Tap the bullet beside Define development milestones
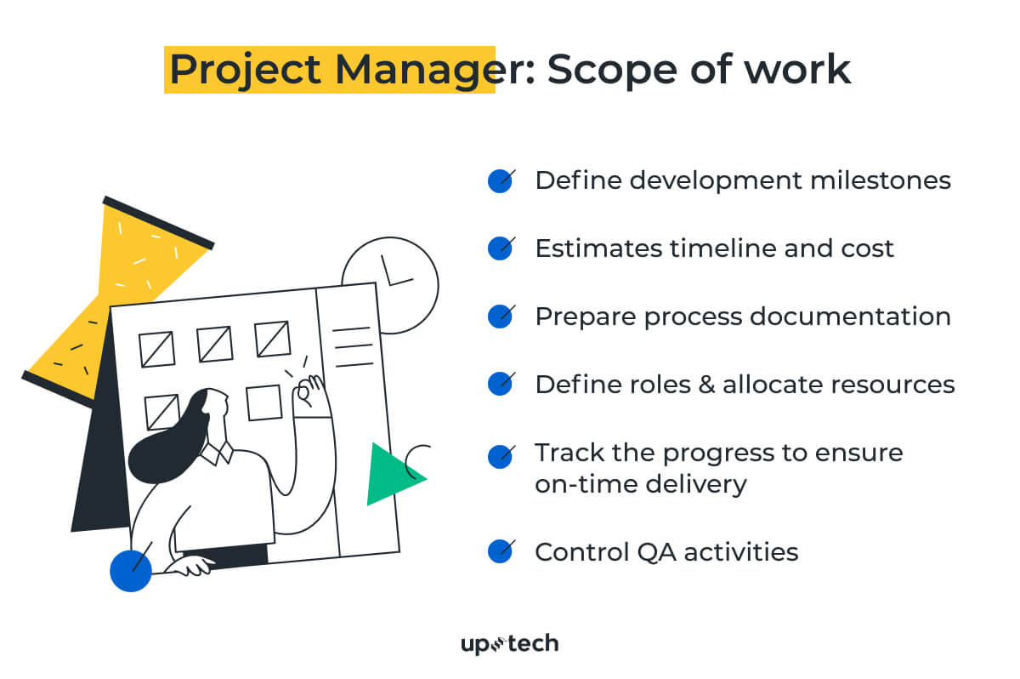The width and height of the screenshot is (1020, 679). point(500,180)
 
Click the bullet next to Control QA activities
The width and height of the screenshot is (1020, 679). point(500,551)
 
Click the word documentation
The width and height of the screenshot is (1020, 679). point(850,317)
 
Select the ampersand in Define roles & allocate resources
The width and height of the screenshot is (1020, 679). point(705,385)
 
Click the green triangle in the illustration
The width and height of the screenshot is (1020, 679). point(389,475)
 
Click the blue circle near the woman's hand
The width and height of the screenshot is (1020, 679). point(131,569)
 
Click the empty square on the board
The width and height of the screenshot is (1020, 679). point(263,402)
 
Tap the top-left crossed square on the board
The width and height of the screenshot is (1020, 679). point(157,349)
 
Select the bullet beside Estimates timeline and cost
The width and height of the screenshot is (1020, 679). point(500,248)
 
